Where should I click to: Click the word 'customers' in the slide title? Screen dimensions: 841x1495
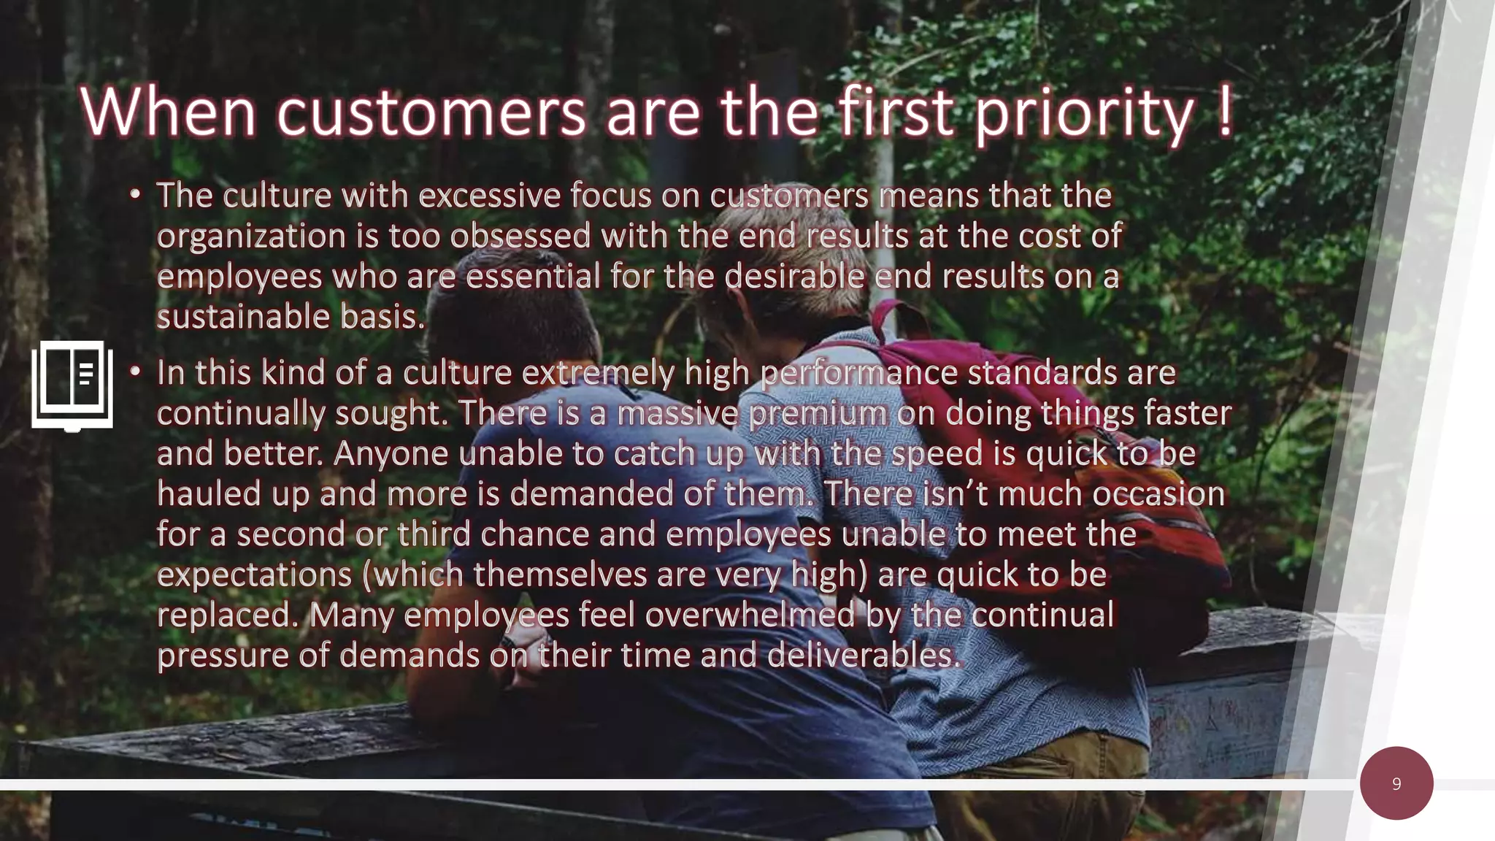click(x=431, y=113)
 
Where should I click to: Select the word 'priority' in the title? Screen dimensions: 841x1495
click(x=1084, y=115)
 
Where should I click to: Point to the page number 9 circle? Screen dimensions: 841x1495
click(x=1396, y=783)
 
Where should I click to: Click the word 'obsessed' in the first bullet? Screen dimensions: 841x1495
click(x=520, y=236)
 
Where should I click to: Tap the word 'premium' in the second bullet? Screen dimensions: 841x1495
click(x=818, y=414)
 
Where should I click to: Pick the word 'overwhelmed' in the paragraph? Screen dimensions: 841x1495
click(x=750, y=615)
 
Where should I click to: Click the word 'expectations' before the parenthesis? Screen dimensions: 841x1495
click(x=254, y=575)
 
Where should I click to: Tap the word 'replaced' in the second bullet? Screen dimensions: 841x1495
click(x=228, y=615)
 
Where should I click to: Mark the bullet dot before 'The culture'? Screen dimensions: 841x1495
click(x=135, y=195)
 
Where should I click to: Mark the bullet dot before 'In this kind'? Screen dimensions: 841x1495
click(x=135, y=372)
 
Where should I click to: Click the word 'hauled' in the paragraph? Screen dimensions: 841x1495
click(x=209, y=494)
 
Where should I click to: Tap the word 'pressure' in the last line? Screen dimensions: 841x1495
click(x=223, y=656)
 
